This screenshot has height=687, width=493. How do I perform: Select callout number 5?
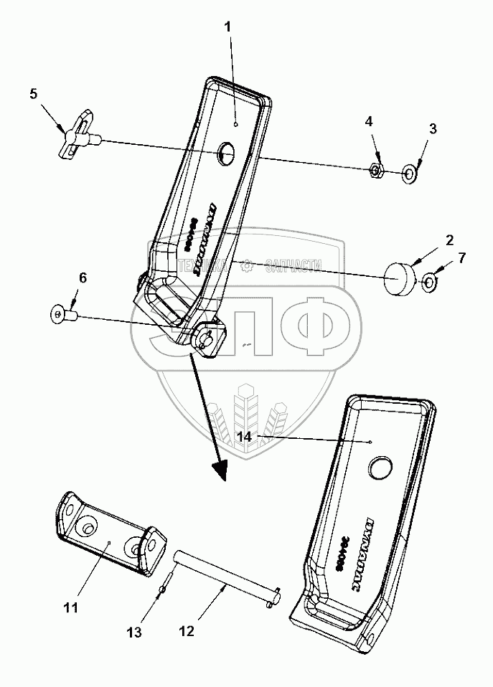click(x=32, y=93)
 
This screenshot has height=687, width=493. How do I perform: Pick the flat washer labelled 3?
click(x=410, y=173)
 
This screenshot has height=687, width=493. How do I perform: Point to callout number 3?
click(x=433, y=128)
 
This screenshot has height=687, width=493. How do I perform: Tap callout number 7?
click(x=462, y=257)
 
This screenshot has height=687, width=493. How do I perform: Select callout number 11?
click(x=70, y=608)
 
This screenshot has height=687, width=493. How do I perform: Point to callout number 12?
click(x=186, y=632)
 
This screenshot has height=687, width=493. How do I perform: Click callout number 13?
click(x=135, y=632)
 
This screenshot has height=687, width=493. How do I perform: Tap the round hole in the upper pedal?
click(x=227, y=151)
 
